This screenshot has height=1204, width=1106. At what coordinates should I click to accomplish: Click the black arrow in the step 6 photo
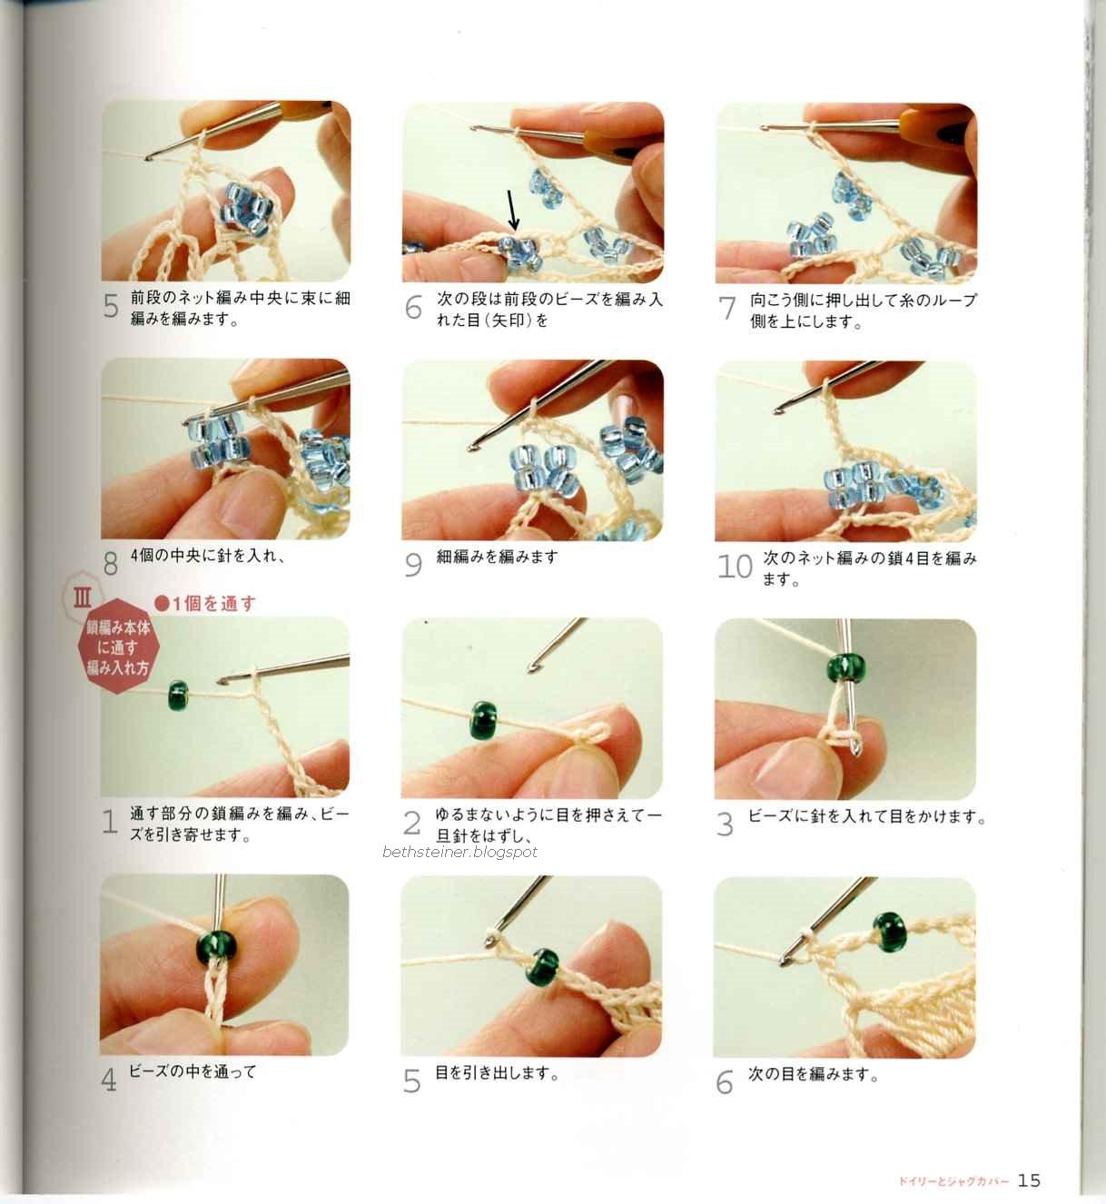[511, 210]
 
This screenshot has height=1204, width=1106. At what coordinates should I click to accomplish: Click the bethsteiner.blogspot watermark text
[460, 852]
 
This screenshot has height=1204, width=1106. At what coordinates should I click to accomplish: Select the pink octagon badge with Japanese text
[117, 646]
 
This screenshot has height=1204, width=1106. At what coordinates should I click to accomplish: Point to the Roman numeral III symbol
[83, 598]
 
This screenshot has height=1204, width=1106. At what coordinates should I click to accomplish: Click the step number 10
[735, 567]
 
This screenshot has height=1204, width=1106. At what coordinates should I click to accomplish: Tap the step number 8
[111, 564]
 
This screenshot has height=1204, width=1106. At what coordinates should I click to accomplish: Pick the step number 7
[727, 309]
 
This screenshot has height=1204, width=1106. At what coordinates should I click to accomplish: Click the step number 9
[413, 565]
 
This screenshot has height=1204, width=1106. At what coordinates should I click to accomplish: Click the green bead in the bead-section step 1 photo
[178, 696]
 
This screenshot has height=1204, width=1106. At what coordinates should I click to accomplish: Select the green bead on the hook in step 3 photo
[846, 667]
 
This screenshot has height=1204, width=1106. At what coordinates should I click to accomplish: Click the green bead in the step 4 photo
[217, 949]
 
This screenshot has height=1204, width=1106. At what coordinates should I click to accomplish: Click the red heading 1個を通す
[205, 604]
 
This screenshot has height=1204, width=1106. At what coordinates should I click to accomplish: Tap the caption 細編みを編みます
[497, 557]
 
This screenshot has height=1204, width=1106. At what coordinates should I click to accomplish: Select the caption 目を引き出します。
[497, 1072]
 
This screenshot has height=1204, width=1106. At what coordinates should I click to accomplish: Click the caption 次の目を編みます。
[813, 1074]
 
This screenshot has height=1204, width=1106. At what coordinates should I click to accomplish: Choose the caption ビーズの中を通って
[193, 1071]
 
